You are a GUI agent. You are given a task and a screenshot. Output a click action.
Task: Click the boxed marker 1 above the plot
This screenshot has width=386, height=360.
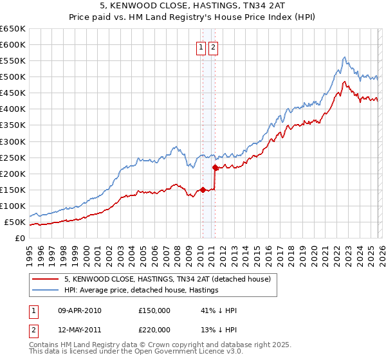pyautogui.click(x=201, y=47)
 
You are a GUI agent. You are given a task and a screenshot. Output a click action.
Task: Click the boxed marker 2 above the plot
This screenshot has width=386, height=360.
pyautogui.click(x=214, y=47)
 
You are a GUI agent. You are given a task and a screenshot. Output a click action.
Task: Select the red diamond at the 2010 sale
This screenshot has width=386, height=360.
pyautogui.click(x=203, y=190)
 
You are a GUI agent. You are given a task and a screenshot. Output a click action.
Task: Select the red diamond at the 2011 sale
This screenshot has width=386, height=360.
pyautogui.click(x=215, y=167)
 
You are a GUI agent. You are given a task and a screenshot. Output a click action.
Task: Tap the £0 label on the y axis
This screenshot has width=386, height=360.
pyautogui.click(x=19, y=238)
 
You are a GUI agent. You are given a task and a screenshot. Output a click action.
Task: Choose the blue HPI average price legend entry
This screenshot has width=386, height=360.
pyautogui.click(x=142, y=291)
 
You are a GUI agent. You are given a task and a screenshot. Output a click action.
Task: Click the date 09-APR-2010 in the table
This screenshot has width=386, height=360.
pyautogui.click(x=80, y=310)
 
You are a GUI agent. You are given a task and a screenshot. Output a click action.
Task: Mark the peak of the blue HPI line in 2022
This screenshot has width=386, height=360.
pyautogui.click(x=345, y=57)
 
